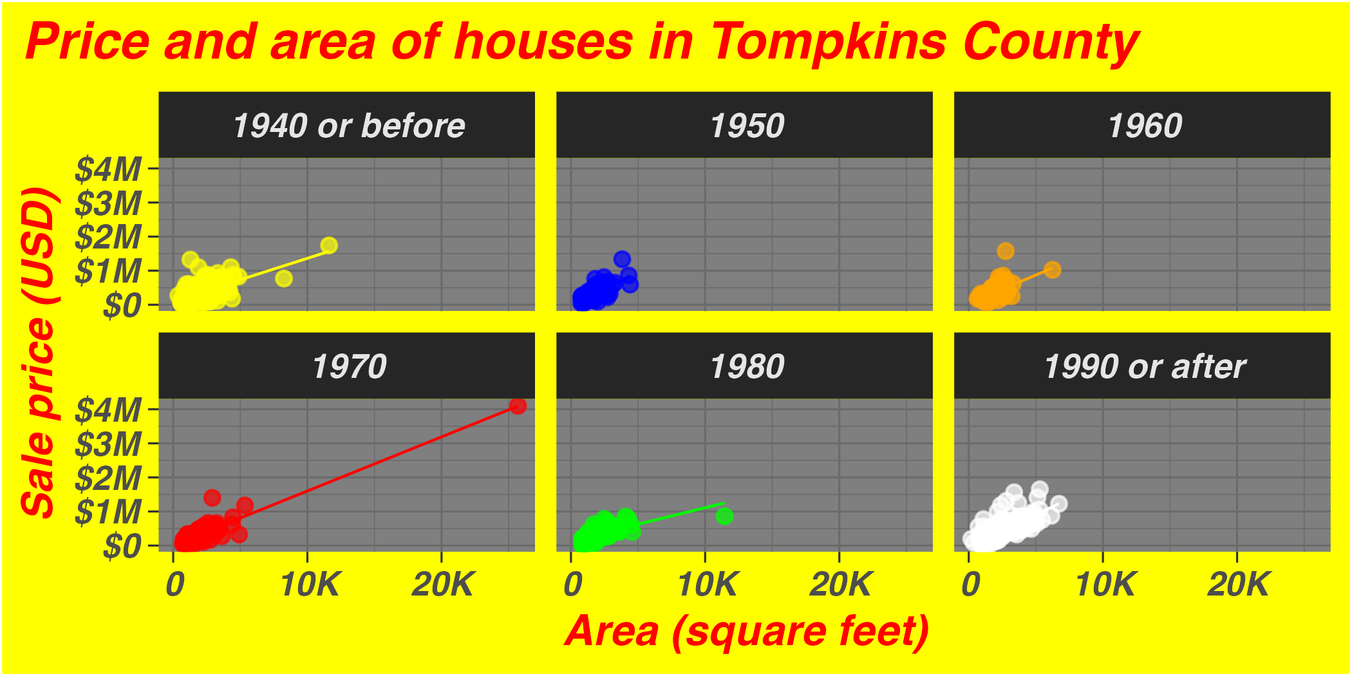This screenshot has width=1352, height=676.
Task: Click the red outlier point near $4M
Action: click(518, 406)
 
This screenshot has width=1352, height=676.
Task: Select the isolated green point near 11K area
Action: click(724, 516)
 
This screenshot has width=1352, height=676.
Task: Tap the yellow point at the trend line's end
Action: click(329, 245)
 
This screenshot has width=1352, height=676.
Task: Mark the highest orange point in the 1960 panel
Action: click(1006, 250)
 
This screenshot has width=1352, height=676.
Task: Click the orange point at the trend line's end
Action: click(1053, 270)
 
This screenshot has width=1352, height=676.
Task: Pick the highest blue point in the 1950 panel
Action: click(622, 259)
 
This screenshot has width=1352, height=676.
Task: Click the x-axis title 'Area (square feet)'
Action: click(747, 631)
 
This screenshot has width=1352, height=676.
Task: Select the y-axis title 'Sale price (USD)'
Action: click(39, 352)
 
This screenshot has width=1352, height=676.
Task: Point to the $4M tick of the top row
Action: click(108, 170)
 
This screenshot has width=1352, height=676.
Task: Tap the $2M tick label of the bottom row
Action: click(108, 478)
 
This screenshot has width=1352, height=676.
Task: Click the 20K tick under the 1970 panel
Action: click(442, 585)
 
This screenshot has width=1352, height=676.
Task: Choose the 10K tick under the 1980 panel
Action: click(706, 585)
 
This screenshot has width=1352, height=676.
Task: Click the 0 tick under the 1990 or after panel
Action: click(970, 585)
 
